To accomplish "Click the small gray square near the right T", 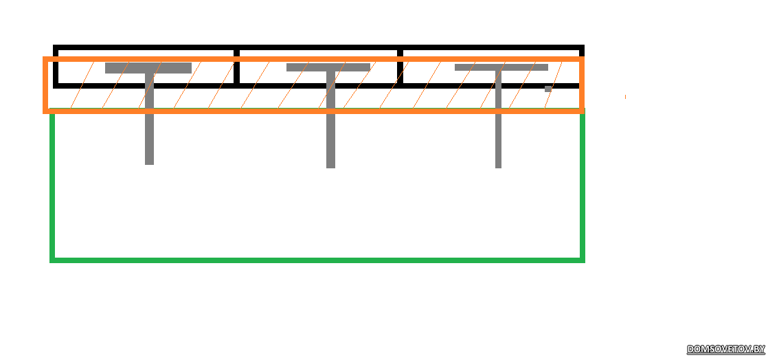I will (548, 89).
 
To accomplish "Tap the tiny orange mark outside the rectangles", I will (625, 97).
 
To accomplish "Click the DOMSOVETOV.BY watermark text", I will (726, 350).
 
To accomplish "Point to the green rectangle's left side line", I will (52, 185).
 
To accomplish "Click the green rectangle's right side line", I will (583, 185).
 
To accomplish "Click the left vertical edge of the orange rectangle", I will (45, 85).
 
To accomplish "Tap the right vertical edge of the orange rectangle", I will (581, 85).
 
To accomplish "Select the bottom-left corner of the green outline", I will (52, 260).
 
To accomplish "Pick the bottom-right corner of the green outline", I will (583, 260).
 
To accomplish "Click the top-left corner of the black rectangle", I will (56, 47).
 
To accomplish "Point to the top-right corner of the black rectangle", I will (581, 47).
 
